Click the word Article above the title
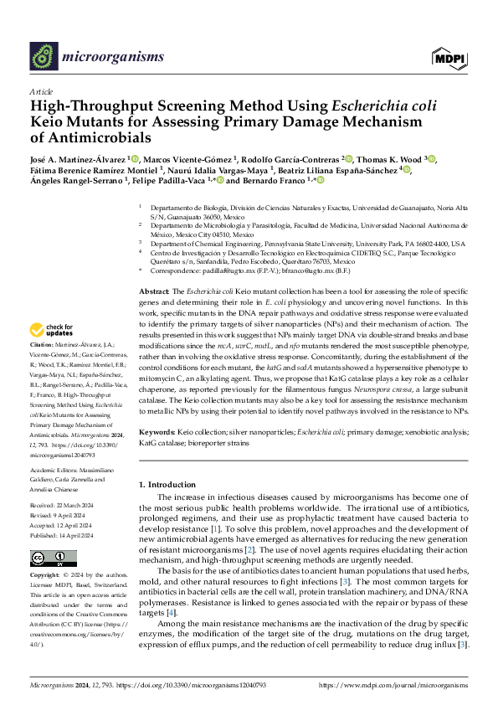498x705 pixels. [40, 91]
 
